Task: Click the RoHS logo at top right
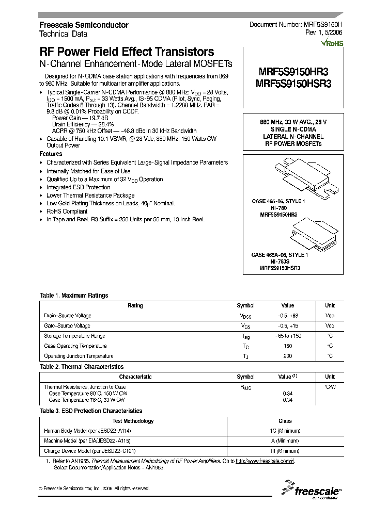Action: point(332,43)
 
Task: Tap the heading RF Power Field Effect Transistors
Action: point(127,52)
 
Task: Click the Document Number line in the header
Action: point(296,25)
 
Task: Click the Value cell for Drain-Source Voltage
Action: point(287,316)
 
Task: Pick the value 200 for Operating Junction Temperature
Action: point(287,356)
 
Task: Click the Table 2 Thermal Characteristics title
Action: point(82,367)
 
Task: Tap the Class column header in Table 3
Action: point(285,421)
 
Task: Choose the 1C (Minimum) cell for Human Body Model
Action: point(285,431)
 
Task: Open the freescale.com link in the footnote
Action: point(264,460)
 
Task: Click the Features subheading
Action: point(51,154)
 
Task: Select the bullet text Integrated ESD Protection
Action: point(79,187)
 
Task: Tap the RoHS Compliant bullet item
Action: point(67,211)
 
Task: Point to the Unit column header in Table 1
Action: point(330,305)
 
